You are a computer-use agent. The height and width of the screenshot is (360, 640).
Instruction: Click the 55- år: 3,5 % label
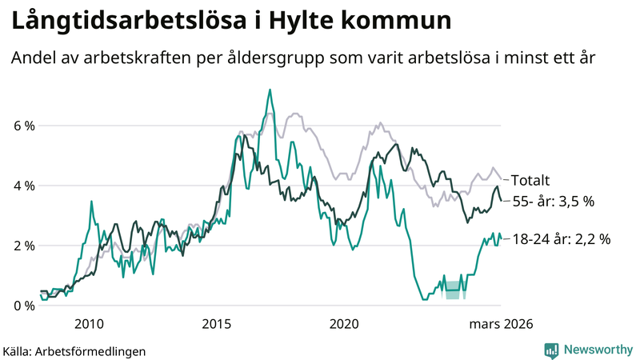pyautogui.click(x=553, y=202)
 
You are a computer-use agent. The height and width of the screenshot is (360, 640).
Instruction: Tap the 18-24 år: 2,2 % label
pyautogui.click(x=560, y=238)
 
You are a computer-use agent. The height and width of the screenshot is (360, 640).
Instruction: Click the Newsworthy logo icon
pyautogui.click(x=551, y=350)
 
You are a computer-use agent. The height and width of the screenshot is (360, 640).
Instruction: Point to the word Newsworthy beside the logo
pyautogui.click(x=597, y=350)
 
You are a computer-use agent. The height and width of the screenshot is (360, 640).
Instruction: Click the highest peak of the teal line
pyautogui.click(x=270, y=90)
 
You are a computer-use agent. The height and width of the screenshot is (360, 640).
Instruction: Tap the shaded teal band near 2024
pyautogui.click(x=454, y=290)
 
